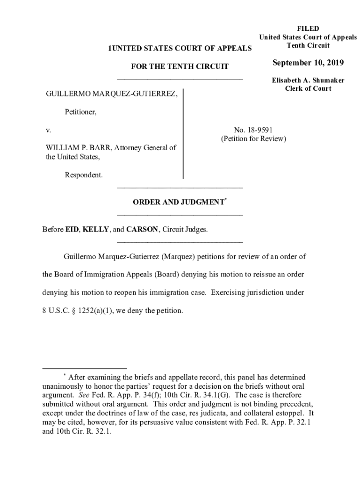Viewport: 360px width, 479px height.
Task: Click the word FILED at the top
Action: tap(308, 29)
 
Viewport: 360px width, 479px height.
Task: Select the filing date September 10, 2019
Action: tap(308, 63)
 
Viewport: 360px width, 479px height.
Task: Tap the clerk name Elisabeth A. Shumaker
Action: tap(308, 80)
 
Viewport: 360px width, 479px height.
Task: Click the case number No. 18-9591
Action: tap(253, 130)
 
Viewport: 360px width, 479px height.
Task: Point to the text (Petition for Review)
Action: tap(253, 139)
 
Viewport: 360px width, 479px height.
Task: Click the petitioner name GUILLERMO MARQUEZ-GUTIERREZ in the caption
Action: tap(111, 94)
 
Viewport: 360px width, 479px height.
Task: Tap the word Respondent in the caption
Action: tap(84, 175)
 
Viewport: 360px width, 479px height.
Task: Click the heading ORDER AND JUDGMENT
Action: tap(178, 202)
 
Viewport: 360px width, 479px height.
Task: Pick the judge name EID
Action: tap(72, 229)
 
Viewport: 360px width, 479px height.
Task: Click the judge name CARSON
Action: tap(143, 229)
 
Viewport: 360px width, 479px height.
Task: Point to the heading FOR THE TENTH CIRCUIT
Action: tap(180, 66)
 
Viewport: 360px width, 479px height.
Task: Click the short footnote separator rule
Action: tap(84, 369)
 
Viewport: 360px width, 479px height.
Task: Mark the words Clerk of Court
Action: tap(308, 88)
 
